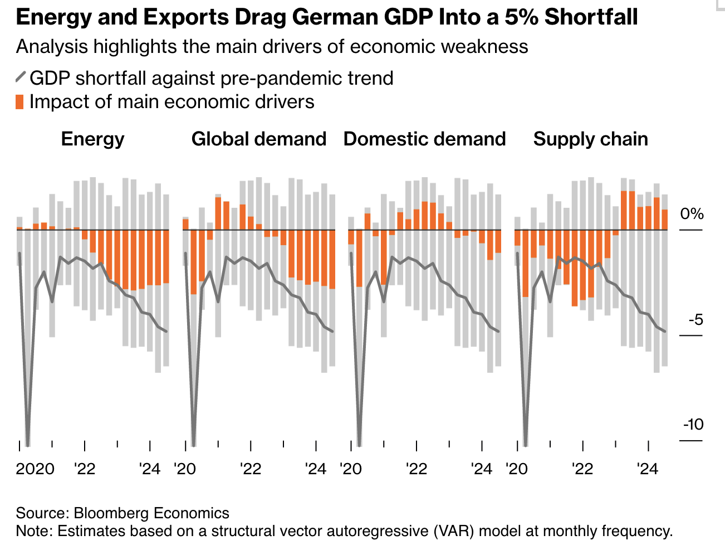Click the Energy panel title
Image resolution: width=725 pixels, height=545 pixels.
coord(92,139)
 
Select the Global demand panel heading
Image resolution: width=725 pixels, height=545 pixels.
coord(258,139)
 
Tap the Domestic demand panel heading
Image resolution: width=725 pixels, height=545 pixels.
coord(424,139)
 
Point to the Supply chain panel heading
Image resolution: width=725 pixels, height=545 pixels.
coord(590,139)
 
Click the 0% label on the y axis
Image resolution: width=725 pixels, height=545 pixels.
coord(692,214)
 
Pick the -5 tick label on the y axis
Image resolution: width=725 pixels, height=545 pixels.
coord(695,320)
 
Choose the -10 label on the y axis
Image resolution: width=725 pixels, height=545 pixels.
coord(693,425)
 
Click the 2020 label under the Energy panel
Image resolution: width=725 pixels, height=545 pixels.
coord(35,469)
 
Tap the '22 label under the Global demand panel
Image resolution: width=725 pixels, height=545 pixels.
coord(251,469)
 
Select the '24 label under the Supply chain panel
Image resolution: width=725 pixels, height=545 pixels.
coord(648,469)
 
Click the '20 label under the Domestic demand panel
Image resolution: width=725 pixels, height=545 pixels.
coord(351,469)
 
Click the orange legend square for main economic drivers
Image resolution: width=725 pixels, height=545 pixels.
coord(20,102)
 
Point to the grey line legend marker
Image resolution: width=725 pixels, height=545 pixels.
coord(21,77)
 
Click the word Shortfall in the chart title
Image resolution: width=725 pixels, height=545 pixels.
coord(591,17)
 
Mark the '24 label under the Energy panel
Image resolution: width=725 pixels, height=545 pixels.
coord(150,469)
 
